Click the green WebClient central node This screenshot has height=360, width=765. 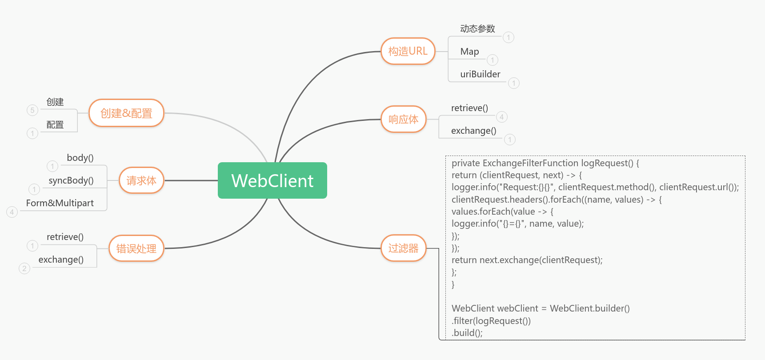pyautogui.click(x=272, y=180)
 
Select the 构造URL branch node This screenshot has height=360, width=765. pyautogui.click(x=408, y=51)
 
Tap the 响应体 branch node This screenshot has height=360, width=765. pyautogui.click(x=403, y=119)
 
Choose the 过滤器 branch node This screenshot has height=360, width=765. pyautogui.click(x=403, y=248)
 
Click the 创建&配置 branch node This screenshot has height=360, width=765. pyautogui.click(x=126, y=113)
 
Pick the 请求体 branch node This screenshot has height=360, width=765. pyautogui.click(x=141, y=180)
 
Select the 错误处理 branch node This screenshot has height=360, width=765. pyautogui.click(x=136, y=248)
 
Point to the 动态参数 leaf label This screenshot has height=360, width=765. pyautogui.click(x=477, y=29)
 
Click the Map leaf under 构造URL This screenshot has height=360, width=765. pyautogui.click(x=469, y=52)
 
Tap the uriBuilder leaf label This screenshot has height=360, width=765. pyautogui.click(x=480, y=74)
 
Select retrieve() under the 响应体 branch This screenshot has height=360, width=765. pyautogui.click(x=469, y=108)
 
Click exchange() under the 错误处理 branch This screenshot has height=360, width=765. pyautogui.click(x=61, y=260)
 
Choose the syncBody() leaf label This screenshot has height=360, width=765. pyautogui.click(x=71, y=180)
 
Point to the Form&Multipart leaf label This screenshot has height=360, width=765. pyautogui.click(x=60, y=203)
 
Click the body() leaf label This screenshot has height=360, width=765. pyautogui.click(x=80, y=158)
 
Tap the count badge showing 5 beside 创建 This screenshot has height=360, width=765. pyautogui.click(x=32, y=110)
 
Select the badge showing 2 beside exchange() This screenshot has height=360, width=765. pyautogui.click(x=24, y=268)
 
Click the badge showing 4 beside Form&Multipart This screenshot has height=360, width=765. pyautogui.click(x=12, y=212)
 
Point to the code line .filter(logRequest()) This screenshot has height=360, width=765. pyautogui.click(x=491, y=321)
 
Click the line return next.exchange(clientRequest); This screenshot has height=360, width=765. pyautogui.click(x=527, y=260)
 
